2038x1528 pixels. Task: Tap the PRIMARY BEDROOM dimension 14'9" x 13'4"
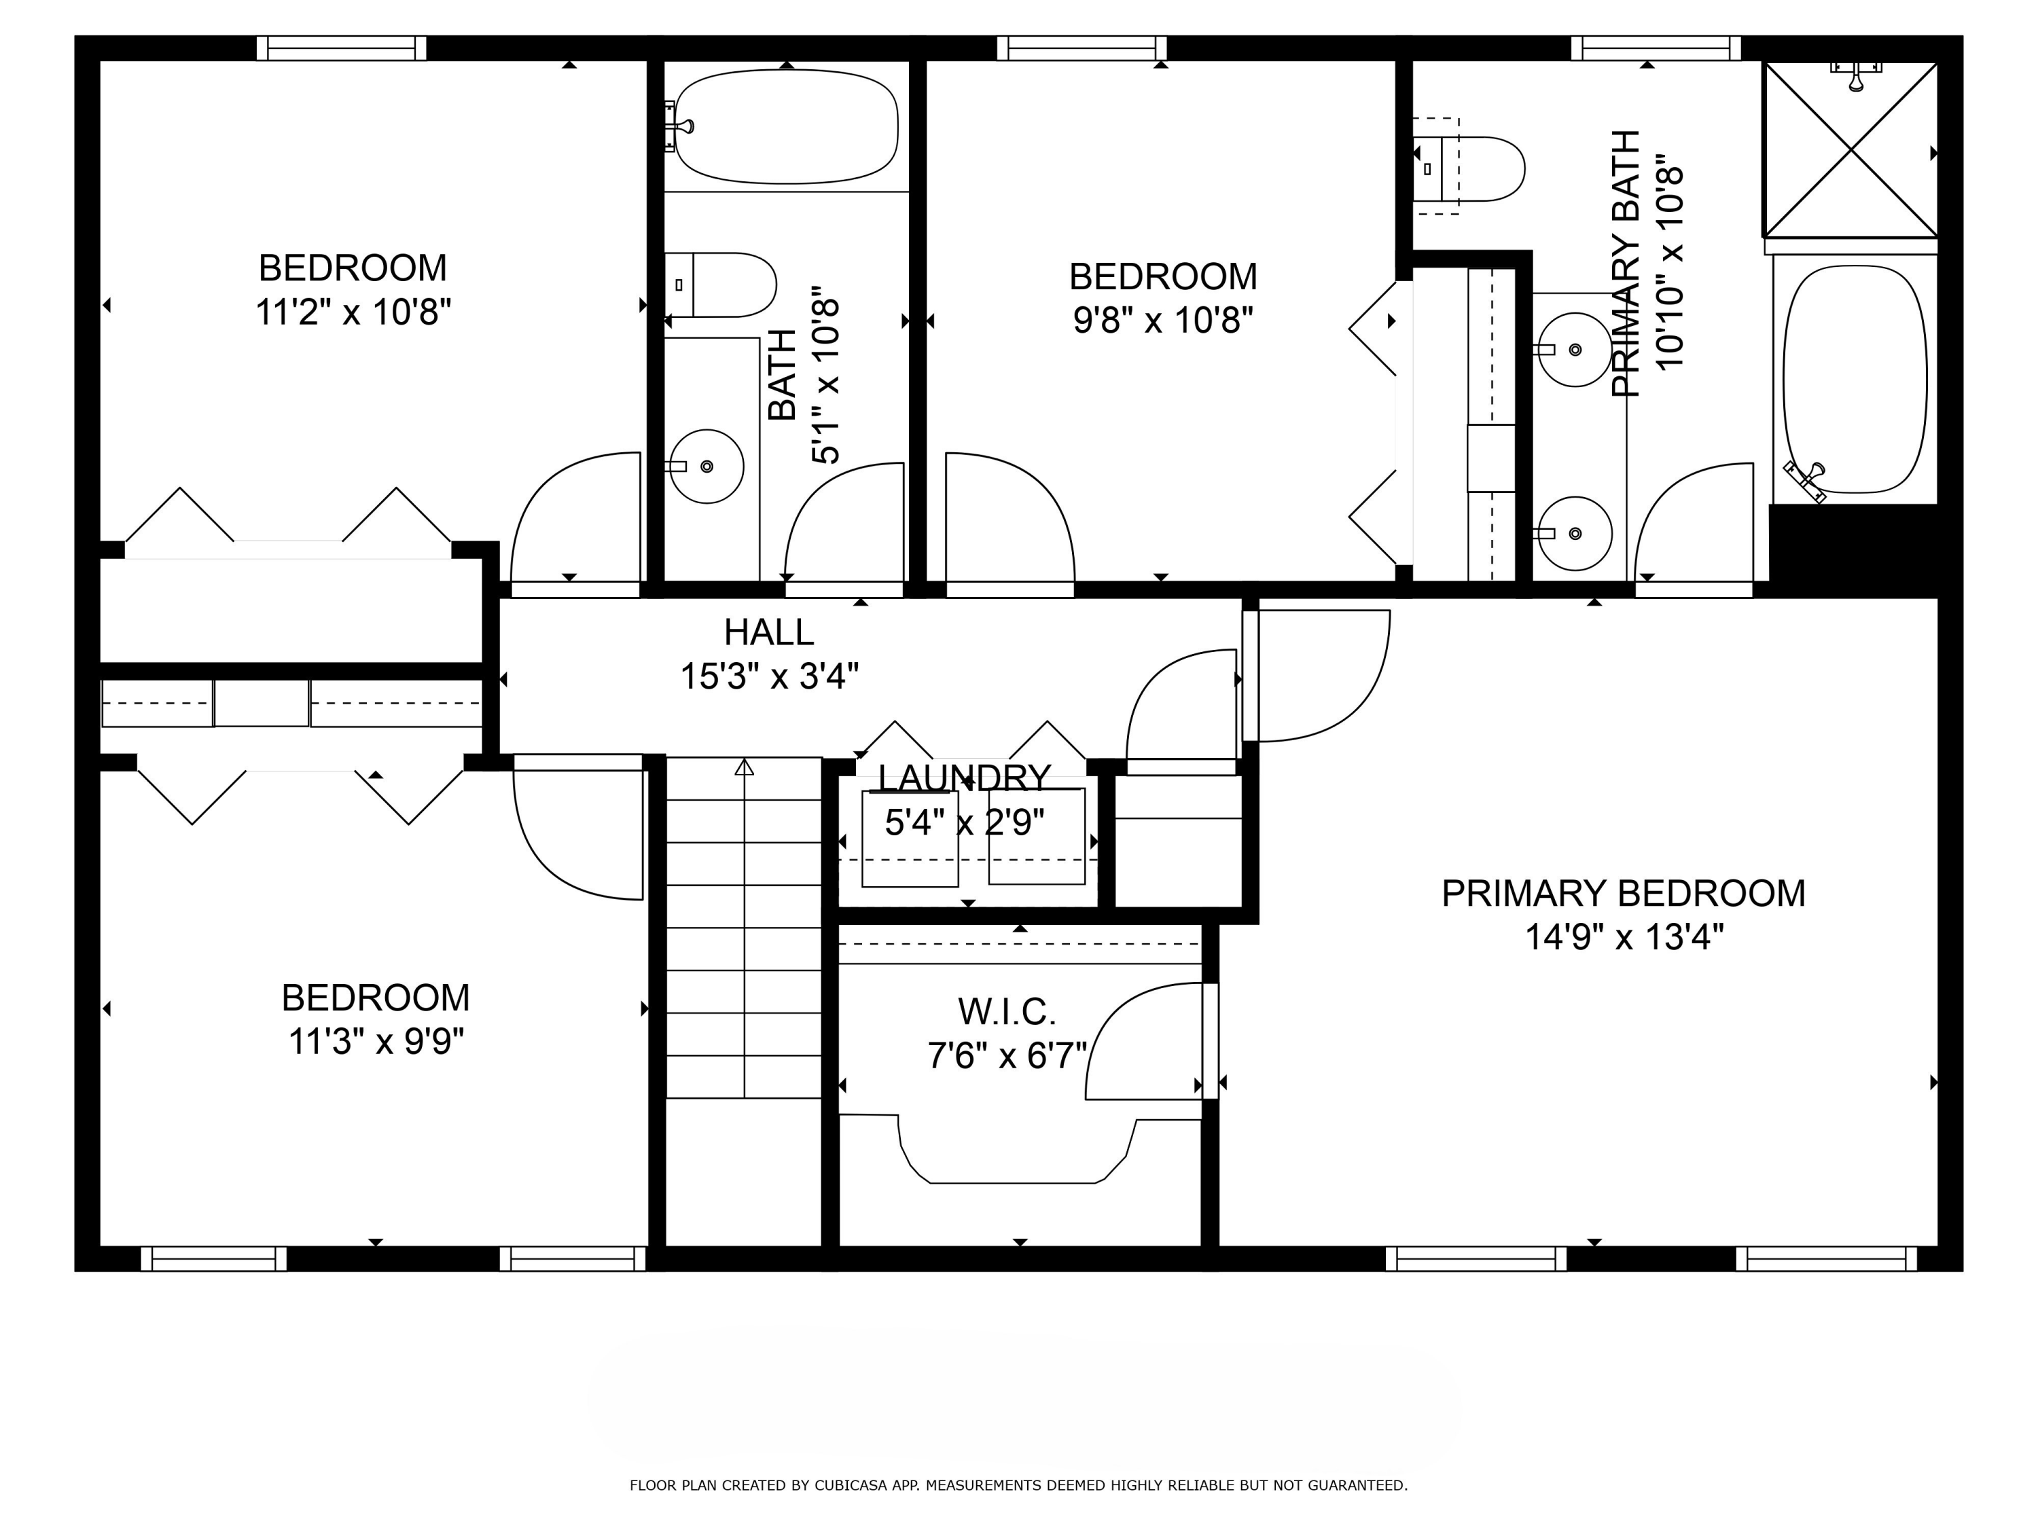[x=1624, y=938]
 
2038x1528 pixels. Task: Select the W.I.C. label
[x=1006, y=1011]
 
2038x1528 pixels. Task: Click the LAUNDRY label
[x=964, y=778]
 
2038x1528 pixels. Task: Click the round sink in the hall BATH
[x=707, y=466]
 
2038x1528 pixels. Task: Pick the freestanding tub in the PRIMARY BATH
[x=1855, y=380]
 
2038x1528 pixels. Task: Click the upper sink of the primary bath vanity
[x=1575, y=350]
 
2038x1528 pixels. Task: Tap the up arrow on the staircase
[x=745, y=767]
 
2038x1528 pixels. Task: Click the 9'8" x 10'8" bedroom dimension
[x=1163, y=321]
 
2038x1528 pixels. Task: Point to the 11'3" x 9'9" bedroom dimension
[x=376, y=1042]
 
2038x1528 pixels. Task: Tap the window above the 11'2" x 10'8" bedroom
[x=341, y=48]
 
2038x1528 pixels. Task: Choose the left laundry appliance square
[x=910, y=838]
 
